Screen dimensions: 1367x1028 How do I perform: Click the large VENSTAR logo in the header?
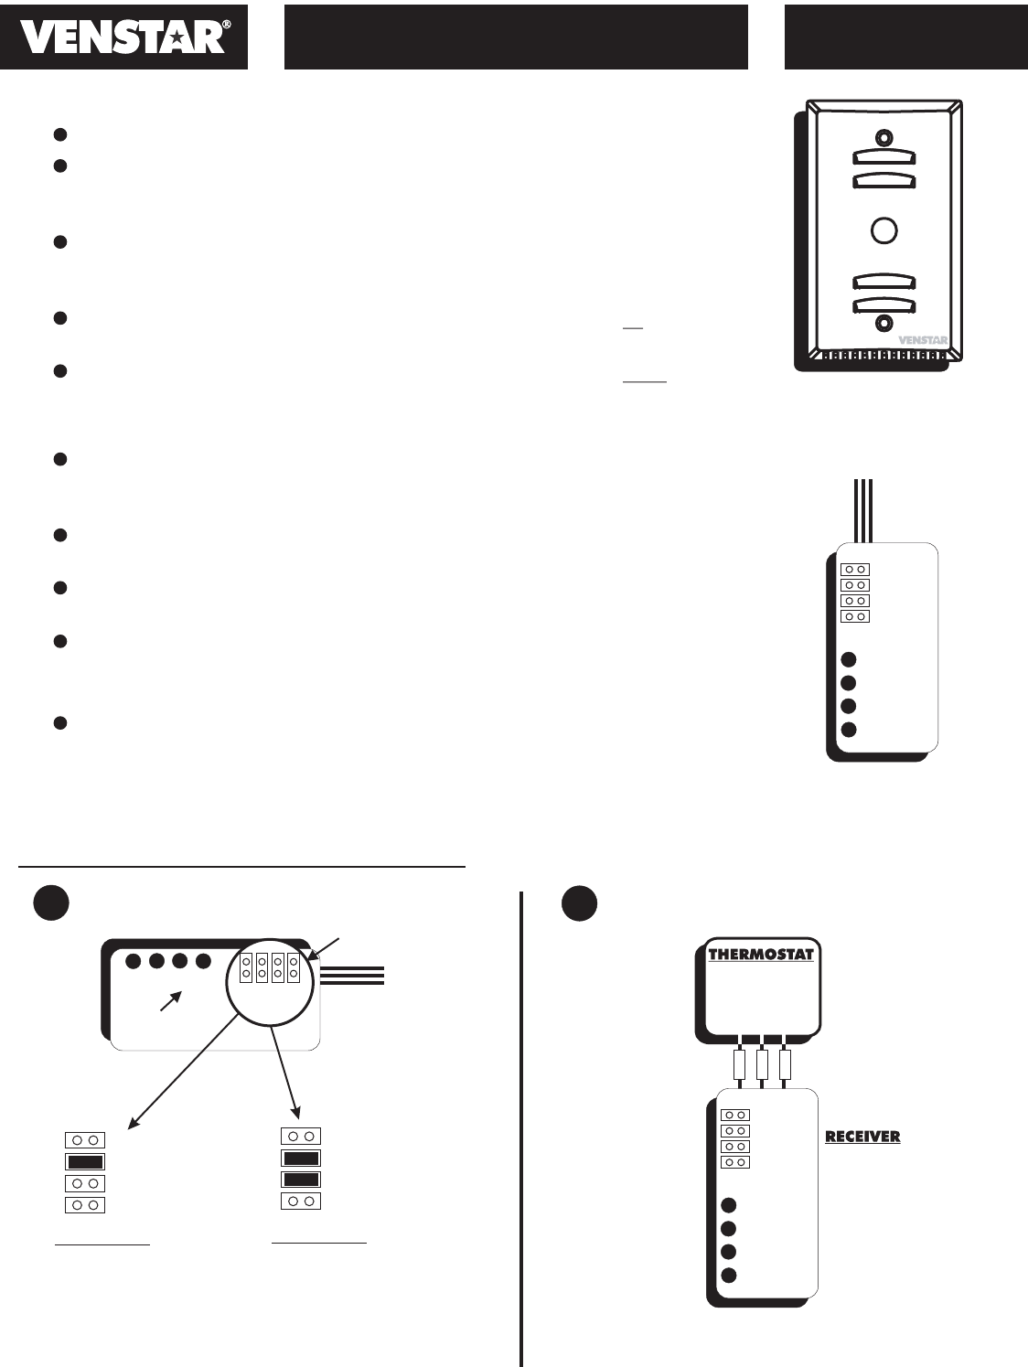[x=123, y=37]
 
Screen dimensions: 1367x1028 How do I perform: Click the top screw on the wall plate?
[x=883, y=138]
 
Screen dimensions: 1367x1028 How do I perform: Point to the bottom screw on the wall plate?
[x=883, y=323]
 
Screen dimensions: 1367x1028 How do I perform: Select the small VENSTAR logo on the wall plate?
[x=922, y=340]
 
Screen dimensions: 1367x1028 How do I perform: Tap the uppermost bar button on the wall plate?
[x=883, y=157]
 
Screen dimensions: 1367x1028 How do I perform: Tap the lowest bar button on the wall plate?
[x=883, y=304]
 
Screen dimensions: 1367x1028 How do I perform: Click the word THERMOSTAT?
[x=761, y=955]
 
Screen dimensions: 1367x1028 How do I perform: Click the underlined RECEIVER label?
[x=862, y=1137]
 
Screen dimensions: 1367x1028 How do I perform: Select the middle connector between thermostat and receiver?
[x=762, y=1065]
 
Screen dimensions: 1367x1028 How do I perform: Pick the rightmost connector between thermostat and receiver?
[x=784, y=1065]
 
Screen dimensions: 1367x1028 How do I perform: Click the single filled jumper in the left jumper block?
[x=85, y=1161]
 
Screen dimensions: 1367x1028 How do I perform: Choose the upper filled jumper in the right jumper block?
[x=301, y=1158]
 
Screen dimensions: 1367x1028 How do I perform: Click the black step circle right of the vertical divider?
[x=579, y=903]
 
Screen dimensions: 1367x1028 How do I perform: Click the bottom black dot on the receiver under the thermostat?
[x=728, y=1276]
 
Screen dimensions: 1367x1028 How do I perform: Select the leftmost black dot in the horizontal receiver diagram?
[x=134, y=961]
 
